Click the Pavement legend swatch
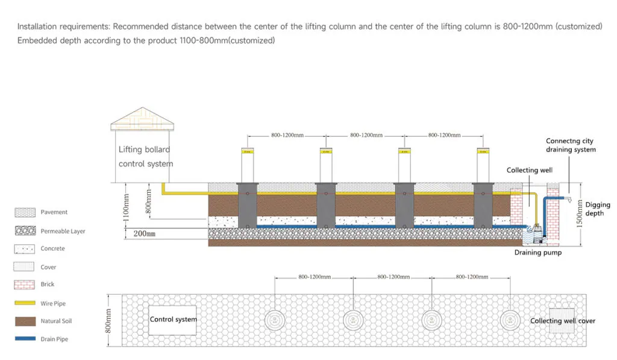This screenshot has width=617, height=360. coord(25,212)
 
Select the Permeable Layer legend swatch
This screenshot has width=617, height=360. coord(25,231)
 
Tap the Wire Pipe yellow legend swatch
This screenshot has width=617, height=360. coord(25,303)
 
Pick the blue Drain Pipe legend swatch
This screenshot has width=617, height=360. coord(25,339)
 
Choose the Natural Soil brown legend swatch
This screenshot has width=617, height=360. coord(25,321)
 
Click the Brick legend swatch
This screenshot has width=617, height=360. coord(25,284)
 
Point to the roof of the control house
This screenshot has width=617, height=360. coord(142,119)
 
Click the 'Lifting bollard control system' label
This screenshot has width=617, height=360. coord(145,156)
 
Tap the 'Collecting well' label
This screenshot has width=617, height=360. coord(529,170)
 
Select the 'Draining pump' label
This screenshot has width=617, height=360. coord(537,253)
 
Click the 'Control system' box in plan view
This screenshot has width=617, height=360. coord(173,319)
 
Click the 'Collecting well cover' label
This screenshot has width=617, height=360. coord(562,321)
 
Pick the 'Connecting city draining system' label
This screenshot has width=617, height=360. coord(571,145)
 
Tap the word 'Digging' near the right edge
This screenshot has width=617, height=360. coord(597,205)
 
